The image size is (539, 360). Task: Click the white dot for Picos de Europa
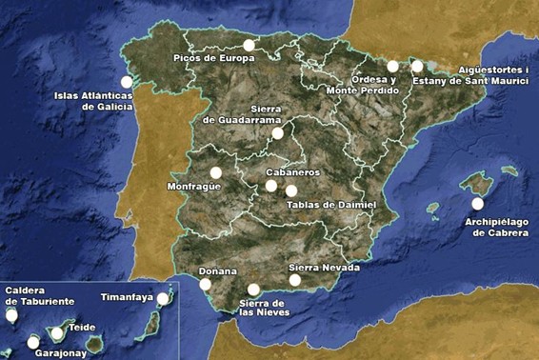(249, 45)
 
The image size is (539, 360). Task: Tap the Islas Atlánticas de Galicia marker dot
(127, 82)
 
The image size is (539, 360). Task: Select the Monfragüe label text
(193, 186)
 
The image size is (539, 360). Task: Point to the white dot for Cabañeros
(271, 186)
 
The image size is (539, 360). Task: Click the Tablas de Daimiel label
(331, 205)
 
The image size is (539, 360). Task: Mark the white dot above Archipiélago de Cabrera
(477, 203)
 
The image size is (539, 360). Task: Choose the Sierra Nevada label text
(324, 269)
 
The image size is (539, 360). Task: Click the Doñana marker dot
(206, 284)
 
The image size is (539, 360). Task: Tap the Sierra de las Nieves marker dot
(253, 290)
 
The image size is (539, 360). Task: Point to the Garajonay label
(59, 352)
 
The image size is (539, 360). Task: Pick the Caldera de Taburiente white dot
(11, 315)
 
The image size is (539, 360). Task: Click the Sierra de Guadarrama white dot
(277, 134)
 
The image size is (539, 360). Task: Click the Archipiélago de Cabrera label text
(496, 227)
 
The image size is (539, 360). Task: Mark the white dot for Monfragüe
(216, 172)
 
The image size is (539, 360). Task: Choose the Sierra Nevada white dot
(295, 280)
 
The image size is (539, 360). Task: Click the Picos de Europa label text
(214, 58)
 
